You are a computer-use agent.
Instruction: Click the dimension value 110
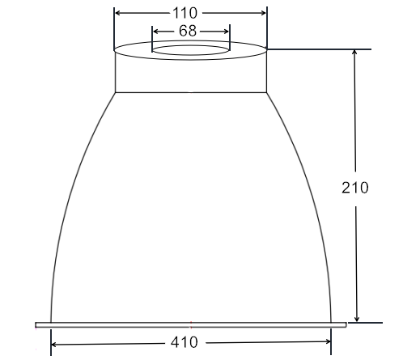tap(185, 13)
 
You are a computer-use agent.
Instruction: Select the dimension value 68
tap(188, 31)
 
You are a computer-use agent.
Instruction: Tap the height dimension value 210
tap(354, 188)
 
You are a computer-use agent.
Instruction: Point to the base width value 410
tap(185, 342)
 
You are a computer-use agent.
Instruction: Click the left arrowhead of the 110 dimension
tap(117, 13)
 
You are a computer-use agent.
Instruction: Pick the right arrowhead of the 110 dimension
tap(263, 13)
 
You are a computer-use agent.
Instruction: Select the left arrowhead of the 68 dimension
tap(155, 32)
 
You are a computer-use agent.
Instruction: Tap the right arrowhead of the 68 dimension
tap(226, 32)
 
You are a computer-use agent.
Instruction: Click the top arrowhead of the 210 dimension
tap(354, 53)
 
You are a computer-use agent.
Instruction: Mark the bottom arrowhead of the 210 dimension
tap(357, 319)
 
